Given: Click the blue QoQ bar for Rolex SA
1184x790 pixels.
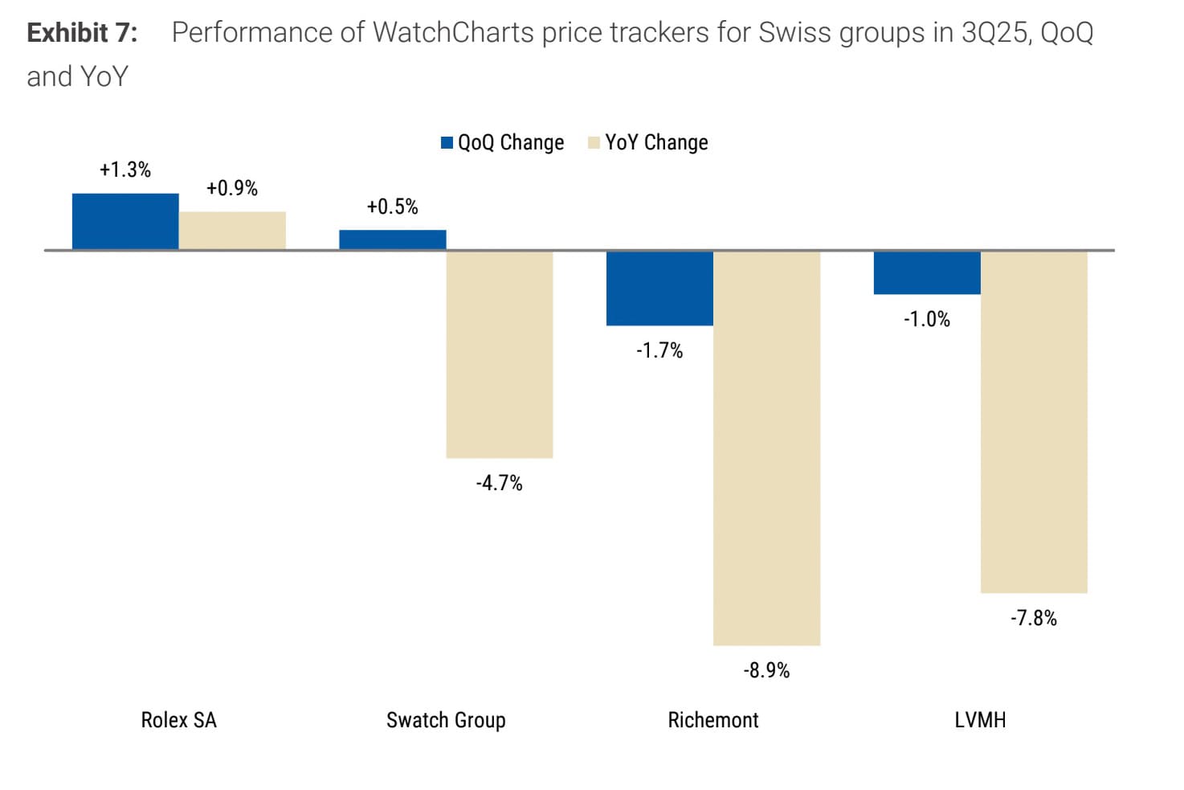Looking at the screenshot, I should pos(125,222).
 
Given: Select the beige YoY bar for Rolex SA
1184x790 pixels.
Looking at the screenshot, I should pos(232,231).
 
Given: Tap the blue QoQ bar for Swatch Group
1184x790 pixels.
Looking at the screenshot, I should pos(393,240).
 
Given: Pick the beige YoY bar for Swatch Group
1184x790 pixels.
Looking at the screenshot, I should pos(500,354).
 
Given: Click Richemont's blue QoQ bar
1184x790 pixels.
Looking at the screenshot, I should pos(659,289).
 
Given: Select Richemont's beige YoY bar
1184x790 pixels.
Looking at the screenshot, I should pos(766,448).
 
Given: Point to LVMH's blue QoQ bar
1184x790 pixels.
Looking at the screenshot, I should pos(927,272).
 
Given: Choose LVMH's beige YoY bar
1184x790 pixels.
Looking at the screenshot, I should pos(1034,422).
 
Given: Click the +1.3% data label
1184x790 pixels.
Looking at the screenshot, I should pos(125,170).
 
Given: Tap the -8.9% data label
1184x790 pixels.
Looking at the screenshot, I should pos(766,670).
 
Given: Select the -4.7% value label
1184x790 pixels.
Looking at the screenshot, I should pos(500,483).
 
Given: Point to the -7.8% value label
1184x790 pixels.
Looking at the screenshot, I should pos(1034,618).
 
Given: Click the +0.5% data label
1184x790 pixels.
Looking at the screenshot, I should pos(393,207).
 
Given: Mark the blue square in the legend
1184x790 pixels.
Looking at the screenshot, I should pos(447,143).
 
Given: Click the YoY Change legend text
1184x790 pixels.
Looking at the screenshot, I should pos(656,143).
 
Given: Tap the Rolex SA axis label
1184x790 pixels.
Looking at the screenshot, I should pos(178,720).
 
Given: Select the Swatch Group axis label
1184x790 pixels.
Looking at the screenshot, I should pos(446,720).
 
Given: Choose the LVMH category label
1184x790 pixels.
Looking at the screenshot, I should pos(980,720).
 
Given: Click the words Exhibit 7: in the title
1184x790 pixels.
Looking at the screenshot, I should pos(82,33).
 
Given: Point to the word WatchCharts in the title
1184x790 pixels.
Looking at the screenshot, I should pos(453,33).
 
